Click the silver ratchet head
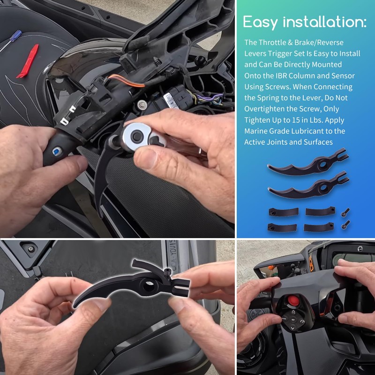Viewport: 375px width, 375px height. coord(138,135)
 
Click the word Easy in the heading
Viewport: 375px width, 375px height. coord(263,22)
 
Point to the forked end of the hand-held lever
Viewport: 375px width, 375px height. coord(180,285)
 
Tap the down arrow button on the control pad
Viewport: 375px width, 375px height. coord(292,328)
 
